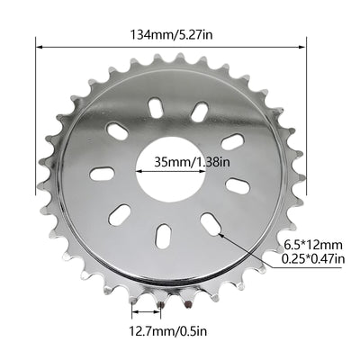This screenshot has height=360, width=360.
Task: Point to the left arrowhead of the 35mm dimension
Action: [138, 167]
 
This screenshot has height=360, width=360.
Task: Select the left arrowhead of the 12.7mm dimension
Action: [135, 314]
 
